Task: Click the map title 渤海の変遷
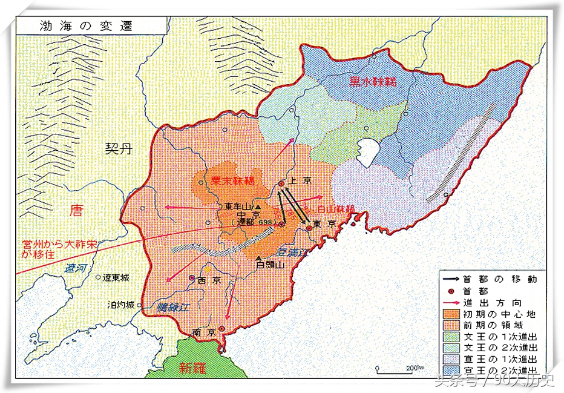click(x=77, y=26)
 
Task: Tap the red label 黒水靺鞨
click(x=372, y=82)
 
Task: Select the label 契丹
click(x=116, y=148)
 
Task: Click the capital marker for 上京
click(x=281, y=184)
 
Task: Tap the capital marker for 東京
click(x=309, y=228)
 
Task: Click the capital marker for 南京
click(x=221, y=329)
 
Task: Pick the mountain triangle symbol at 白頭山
click(x=258, y=257)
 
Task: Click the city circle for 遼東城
click(x=99, y=278)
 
